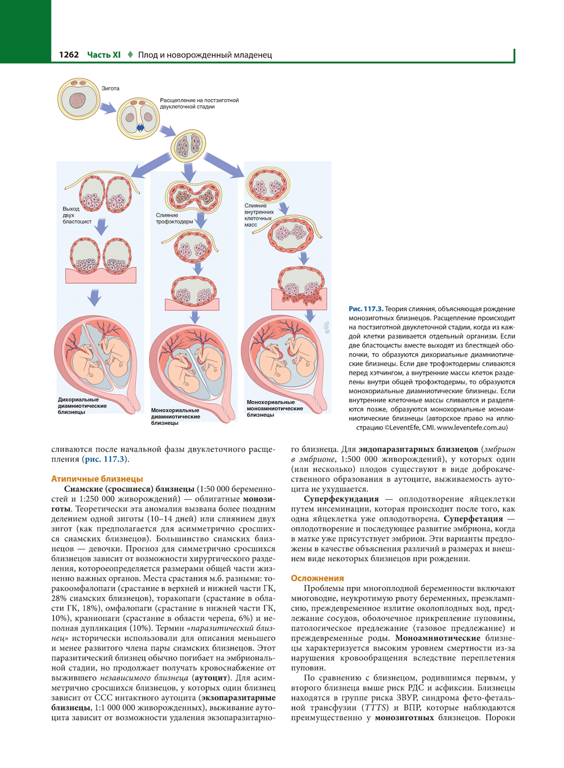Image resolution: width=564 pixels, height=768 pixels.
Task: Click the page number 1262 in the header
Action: point(69,55)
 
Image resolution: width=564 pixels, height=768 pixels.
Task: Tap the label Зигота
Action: point(111,88)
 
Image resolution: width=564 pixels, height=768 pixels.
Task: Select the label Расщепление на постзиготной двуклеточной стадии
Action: point(199,103)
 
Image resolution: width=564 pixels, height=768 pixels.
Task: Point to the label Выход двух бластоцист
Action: point(77,215)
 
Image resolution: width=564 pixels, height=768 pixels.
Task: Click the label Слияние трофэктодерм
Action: point(174,218)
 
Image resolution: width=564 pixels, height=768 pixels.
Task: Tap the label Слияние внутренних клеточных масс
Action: point(259,215)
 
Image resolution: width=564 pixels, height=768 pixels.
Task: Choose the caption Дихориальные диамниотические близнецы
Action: point(82,406)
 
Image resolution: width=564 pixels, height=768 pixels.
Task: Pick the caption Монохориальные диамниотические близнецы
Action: point(175,416)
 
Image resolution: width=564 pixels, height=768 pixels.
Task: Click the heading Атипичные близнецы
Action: point(97,478)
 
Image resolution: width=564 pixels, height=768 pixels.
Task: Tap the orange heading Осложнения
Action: point(317,578)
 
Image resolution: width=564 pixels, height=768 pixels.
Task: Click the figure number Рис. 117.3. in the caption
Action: point(365,309)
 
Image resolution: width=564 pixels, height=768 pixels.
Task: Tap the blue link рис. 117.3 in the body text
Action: point(104,459)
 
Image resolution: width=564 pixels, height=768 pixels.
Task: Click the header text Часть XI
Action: point(104,55)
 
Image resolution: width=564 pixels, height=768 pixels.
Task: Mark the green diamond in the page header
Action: point(130,55)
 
